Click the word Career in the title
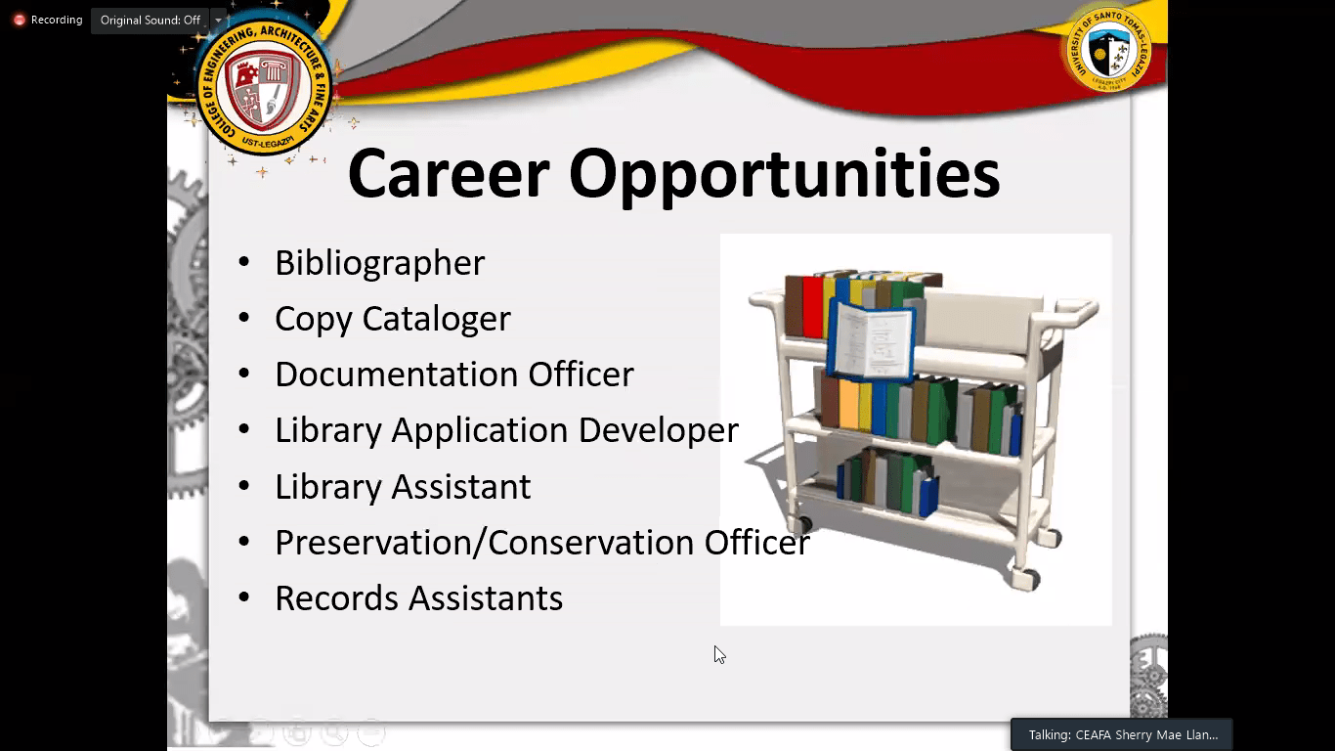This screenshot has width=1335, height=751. pyautogui.click(x=449, y=174)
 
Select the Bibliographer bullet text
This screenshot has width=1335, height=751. pyautogui.click(x=379, y=263)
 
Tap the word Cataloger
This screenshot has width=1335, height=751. pyautogui.click(x=436, y=319)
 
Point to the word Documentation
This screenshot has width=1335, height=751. pyautogui.click(x=397, y=374)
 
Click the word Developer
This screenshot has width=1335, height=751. pyautogui.click(x=659, y=430)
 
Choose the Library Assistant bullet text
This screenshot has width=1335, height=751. pyautogui.click(x=403, y=486)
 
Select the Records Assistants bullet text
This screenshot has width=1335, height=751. pyautogui.click(x=418, y=598)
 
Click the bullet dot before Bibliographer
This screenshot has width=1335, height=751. pyautogui.click(x=243, y=262)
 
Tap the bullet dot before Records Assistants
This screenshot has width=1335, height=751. pyautogui.click(x=243, y=597)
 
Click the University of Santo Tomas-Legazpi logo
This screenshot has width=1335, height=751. pyautogui.click(x=1108, y=50)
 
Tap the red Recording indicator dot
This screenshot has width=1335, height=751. pyautogui.click(x=20, y=21)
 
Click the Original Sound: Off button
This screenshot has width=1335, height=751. pyautogui.click(x=151, y=21)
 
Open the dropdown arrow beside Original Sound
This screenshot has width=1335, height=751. pyautogui.click(x=218, y=21)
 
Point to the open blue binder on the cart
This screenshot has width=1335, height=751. pyautogui.click(x=873, y=340)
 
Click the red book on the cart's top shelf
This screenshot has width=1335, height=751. pyautogui.click(x=813, y=307)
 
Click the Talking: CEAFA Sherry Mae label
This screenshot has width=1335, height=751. pyautogui.click(x=1123, y=735)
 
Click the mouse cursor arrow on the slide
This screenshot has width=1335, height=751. pyautogui.click(x=719, y=654)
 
